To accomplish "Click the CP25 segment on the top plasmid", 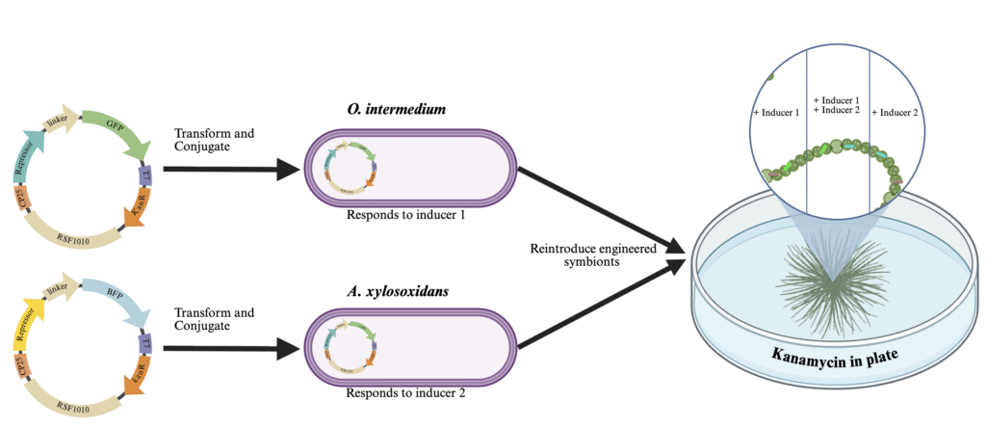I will click(21, 201).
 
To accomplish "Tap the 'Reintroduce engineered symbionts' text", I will click(593, 255).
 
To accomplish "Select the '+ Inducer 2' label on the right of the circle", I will click(895, 113).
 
